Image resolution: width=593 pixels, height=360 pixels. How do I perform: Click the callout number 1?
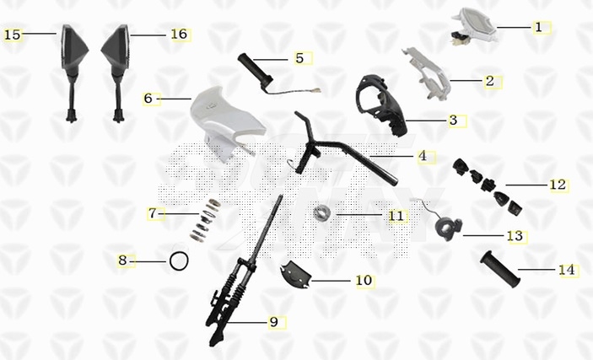coord(539,27)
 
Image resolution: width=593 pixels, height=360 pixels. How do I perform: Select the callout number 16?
coord(179,34)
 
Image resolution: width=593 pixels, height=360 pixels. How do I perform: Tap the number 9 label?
coord(274,322)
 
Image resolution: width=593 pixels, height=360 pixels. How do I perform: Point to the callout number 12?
coord(558,185)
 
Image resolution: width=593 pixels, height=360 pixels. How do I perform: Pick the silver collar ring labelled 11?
coord(322,212)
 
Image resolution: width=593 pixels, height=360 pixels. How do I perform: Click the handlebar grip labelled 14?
coord(500,269)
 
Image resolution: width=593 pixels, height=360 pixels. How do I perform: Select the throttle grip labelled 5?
coord(256,73)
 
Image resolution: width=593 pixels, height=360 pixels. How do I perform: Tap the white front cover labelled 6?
coord(225,121)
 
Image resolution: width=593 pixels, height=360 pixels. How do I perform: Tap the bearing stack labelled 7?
coord(206,219)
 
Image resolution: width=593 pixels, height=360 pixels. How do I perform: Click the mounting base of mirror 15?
coord(72,116)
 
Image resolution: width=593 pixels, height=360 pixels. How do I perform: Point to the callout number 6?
coord(148,99)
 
